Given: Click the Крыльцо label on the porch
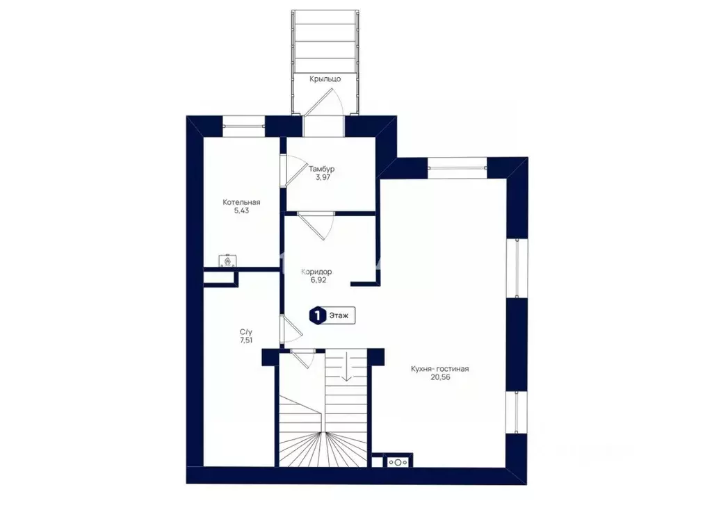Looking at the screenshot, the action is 325,79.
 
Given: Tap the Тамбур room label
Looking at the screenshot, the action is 321,169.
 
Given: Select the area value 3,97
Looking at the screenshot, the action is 323,177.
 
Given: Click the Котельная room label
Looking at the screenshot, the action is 241,202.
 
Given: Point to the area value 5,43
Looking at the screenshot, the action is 241,211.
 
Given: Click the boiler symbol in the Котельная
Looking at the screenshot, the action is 227,261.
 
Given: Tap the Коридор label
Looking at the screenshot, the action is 316,272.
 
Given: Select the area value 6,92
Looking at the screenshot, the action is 318,281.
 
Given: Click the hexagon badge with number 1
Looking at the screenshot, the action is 318,315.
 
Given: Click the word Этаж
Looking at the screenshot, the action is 339,315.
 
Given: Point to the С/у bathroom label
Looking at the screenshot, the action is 246,331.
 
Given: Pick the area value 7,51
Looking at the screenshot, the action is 246,340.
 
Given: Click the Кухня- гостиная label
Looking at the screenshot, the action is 439,369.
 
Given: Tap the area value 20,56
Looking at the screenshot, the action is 440,377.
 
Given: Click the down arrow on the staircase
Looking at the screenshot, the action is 346,366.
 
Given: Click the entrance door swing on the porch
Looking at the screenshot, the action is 323,104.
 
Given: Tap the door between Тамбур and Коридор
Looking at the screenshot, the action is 316,226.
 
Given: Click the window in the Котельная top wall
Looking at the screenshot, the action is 243,126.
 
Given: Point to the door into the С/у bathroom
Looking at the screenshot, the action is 291,329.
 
